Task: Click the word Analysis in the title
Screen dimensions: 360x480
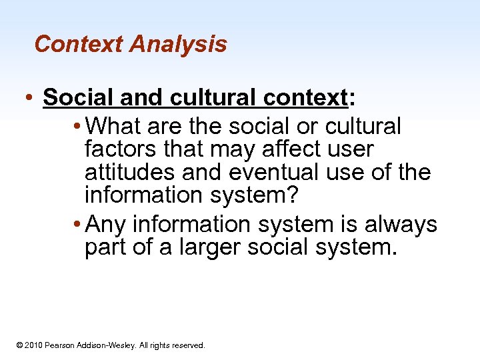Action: pos(178,45)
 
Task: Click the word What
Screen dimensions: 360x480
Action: pos(115,125)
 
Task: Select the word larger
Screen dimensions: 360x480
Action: pos(203,248)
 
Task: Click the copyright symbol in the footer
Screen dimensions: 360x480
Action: pos(20,345)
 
